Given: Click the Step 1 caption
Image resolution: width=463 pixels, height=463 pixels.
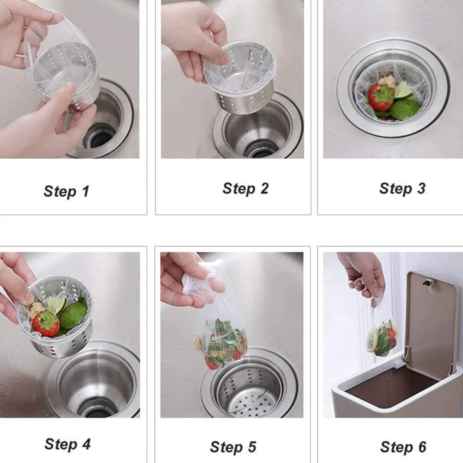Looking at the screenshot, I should click(66, 191).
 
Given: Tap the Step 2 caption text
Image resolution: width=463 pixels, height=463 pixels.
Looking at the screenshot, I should click(245, 188).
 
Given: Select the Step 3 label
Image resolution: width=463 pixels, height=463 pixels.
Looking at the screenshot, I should click(402, 188).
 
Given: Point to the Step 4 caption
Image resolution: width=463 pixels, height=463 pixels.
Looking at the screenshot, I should click(68, 444).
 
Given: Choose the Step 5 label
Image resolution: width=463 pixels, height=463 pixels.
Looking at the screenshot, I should click(233, 447).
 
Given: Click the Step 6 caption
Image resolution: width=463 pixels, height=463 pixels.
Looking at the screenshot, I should click(403, 447).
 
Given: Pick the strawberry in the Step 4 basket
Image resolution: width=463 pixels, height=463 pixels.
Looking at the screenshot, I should click(46, 324).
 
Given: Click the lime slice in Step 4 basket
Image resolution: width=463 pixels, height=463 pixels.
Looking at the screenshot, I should click(56, 304).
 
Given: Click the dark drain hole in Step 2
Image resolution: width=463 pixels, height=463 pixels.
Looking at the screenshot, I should click(259, 150).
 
